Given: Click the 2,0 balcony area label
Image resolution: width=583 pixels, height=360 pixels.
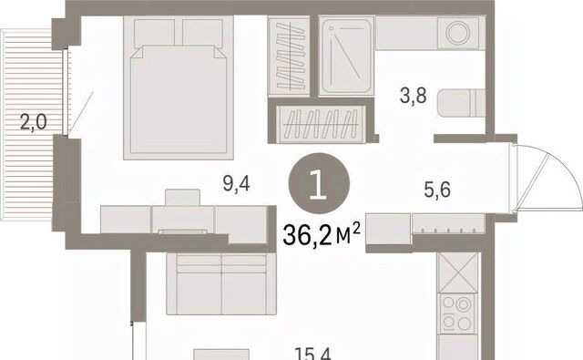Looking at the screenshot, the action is [x=34, y=122].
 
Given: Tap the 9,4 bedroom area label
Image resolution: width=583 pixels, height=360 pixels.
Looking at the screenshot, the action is [x=237, y=184].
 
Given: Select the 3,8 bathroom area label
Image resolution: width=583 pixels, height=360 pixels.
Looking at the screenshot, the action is [x=413, y=96].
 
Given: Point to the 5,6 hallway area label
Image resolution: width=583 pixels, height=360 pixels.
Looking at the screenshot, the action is [x=437, y=190].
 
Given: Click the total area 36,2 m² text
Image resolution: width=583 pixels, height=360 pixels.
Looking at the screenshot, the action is [x=322, y=234].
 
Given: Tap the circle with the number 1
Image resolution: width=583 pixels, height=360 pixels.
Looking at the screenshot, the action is [x=319, y=183].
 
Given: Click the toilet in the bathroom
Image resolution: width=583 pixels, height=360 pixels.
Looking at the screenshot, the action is [x=462, y=103].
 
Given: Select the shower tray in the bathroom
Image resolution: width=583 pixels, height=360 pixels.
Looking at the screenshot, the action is [x=346, y=57].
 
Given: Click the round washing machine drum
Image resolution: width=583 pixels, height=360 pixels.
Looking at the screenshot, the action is [x=458, y=33].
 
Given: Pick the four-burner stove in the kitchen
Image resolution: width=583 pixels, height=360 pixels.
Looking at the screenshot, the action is [x=457, y=314].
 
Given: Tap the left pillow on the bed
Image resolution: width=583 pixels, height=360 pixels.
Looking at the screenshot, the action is [x=154, y=34].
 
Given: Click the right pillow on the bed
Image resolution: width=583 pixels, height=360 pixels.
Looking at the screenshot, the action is [x=202, y=34].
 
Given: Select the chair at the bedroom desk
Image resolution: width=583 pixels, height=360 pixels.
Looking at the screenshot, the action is [x=182, y=198].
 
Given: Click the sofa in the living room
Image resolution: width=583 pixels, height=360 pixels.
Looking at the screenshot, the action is [x=221, y=283].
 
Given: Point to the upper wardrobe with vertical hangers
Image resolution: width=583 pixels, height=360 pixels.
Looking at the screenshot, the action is [x=290, y=57].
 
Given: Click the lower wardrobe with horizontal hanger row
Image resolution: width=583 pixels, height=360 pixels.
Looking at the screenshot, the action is [x=322, y=124].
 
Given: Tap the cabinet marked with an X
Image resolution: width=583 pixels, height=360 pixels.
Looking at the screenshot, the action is [x=457, y=273].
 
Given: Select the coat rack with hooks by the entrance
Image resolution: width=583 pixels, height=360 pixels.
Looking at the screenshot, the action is [x=448, y=223].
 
